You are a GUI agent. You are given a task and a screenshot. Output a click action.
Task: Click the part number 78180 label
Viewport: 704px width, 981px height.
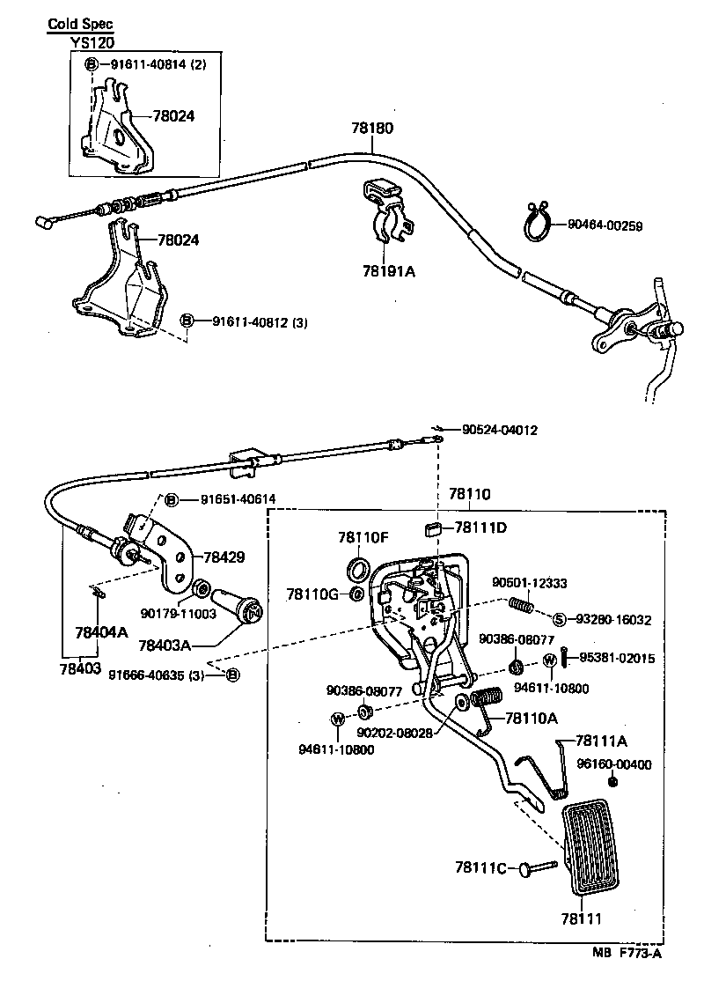[373, 128]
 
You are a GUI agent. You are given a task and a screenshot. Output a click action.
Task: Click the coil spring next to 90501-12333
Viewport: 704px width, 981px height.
[523, 607]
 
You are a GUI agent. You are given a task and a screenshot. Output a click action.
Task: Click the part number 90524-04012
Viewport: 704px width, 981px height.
[499, 431]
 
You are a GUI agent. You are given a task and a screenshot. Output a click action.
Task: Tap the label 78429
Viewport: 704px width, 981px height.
[224, 557]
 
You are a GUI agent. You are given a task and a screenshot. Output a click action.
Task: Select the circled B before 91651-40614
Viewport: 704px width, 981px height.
[172, 499]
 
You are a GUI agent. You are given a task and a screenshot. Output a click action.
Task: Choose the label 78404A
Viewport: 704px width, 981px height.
[101, 631]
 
